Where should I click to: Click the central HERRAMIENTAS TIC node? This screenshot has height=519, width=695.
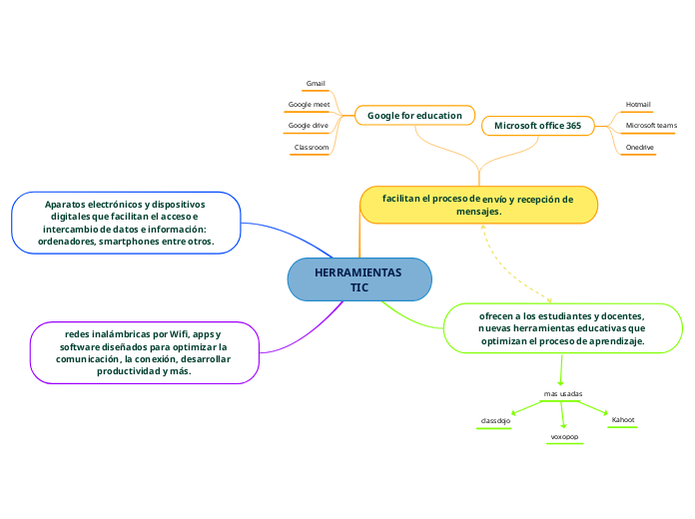pyautogui.click(x=359, y=279)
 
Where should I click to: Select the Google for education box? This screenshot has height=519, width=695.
pyautogui.click(x=414, y=116)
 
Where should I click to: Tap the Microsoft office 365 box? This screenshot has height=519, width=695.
pyautogui.click(x=537, y=126)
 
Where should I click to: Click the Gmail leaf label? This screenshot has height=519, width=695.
pyautogui.click(x=316, y=83)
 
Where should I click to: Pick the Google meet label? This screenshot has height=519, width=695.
pyautogui.click(x=309, y=104)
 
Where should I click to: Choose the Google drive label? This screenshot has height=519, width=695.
pyautogui.click(x=308, y=126)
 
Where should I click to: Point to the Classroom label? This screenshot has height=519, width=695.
pyautogui.click(x=311, y=148)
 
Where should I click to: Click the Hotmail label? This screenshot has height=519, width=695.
pyautogui.click(x=638, y=104)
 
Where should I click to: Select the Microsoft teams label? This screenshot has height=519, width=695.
pyautogui.click(x=651, y=126)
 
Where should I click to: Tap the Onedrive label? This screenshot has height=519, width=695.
pyautogui.click(x=639, y=148)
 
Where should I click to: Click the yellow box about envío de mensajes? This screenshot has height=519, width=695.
pyautogui.click(x=478, y=205)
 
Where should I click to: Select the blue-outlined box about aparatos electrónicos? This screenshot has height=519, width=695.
pyautogui.click(x=126, y=223)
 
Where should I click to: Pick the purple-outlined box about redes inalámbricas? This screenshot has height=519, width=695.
pyautogui.click(x=144, y=351)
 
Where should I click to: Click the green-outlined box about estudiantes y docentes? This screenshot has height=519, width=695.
pyautogui.click(x=562, y=327)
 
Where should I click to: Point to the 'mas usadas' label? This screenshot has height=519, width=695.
pyautogui.click(x=562, y=394)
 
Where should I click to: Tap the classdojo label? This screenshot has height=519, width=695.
pyautogui.click(x=495, y=421)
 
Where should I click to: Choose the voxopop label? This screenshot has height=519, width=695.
pyautogui.click(x=564, y=437)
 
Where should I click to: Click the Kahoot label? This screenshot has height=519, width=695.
pyautogui.click(x=623, y=419)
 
